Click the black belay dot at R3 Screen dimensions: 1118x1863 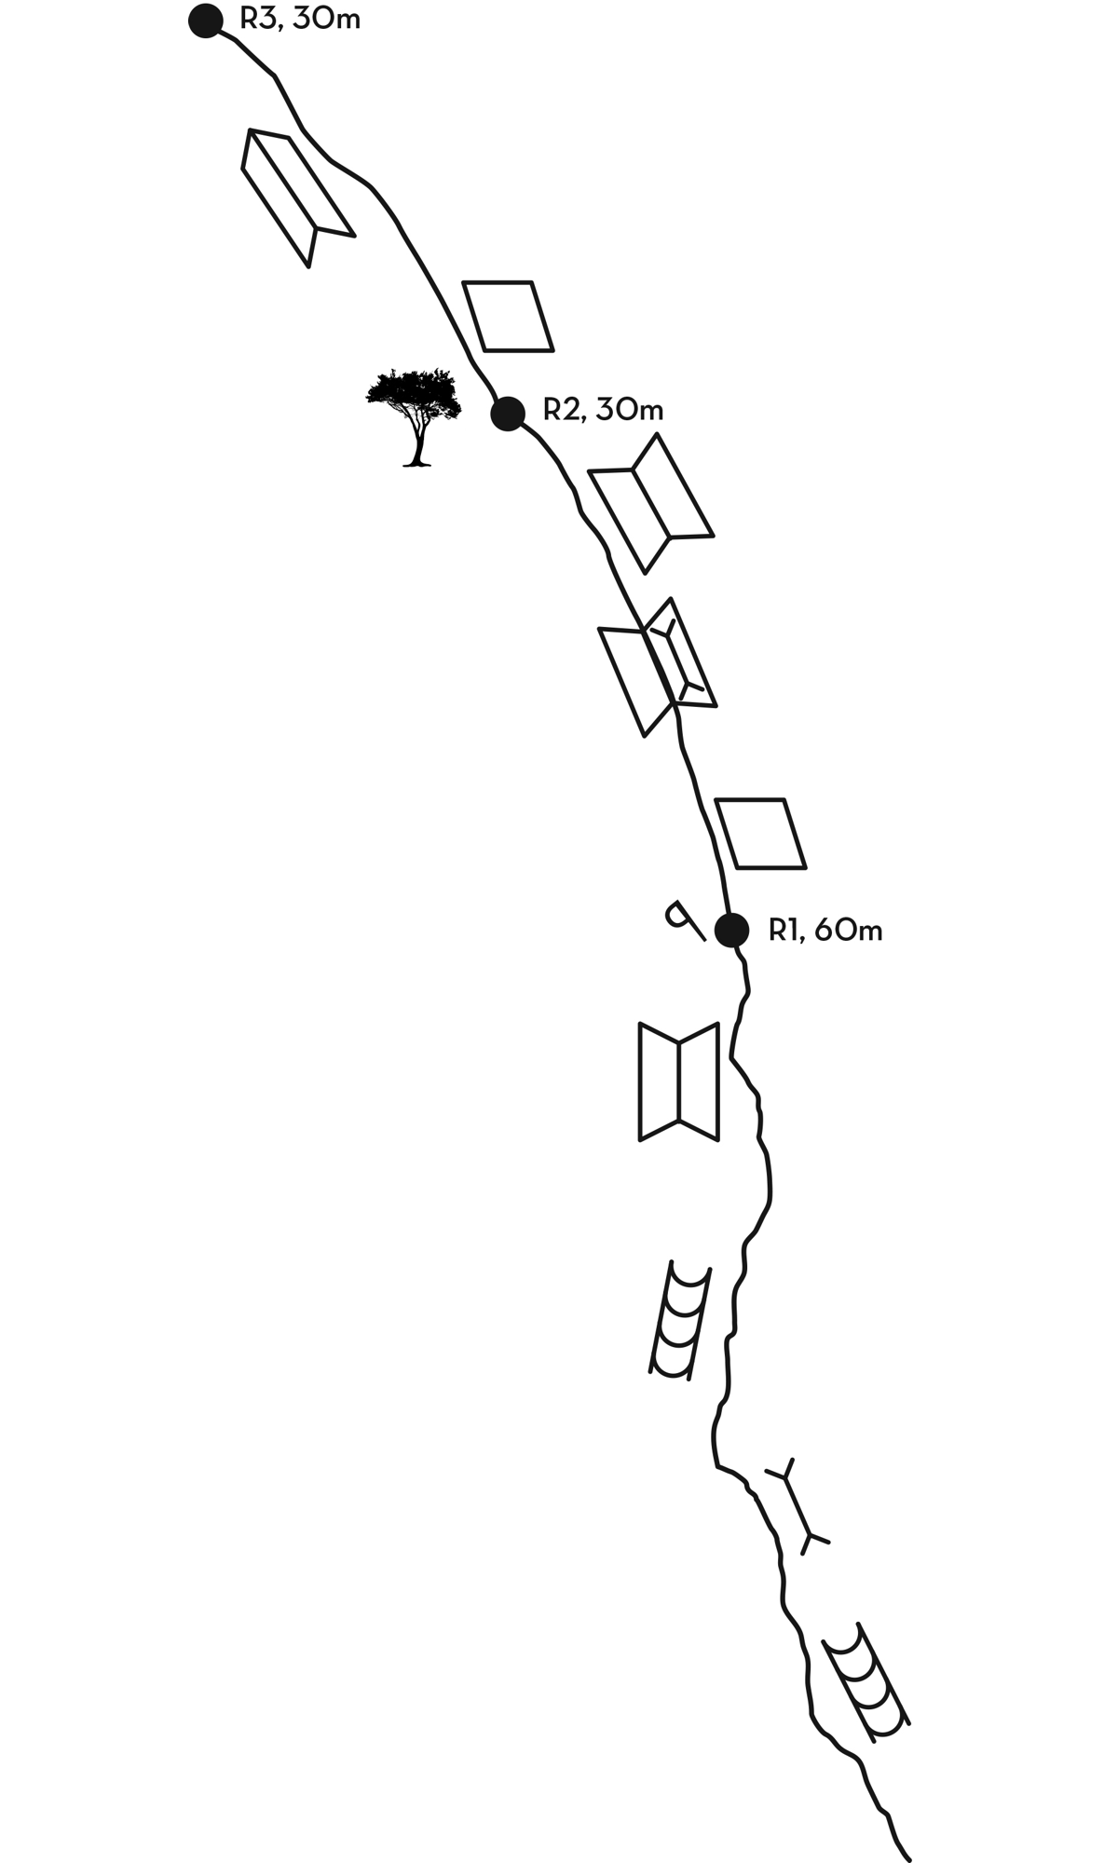pyautogui.click(x=205, y=20)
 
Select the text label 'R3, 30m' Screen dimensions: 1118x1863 pyautogui.click(x=300, y=19)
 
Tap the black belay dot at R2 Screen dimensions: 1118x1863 pyautogui.click(x=508, y=413)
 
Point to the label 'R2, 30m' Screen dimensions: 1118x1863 pyautogui.click(x=603, y=410)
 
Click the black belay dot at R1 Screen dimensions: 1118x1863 pyautogui.click(x=731, y=930)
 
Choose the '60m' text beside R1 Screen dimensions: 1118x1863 pyautogui.click(x=848, y=930)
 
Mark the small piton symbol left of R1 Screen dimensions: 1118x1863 pyautogui.click(x=683, y=920)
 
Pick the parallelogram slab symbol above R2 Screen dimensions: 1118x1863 pyautogui.click(x=508, y=317)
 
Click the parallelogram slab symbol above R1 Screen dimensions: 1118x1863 pyautogui.click(x=759, y=834)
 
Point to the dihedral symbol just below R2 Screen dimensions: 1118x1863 pyautogui.click(x=651, y=503)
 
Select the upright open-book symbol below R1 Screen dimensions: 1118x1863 pyautogui.click(x=679, y=1081)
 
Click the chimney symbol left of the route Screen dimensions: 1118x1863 pyautogui.click(x=680, y=1320)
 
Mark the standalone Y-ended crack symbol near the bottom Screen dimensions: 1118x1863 pyautogui.click(x=798, y=1506)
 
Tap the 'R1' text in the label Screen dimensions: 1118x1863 pyautogui.click(x=784, y=930)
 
